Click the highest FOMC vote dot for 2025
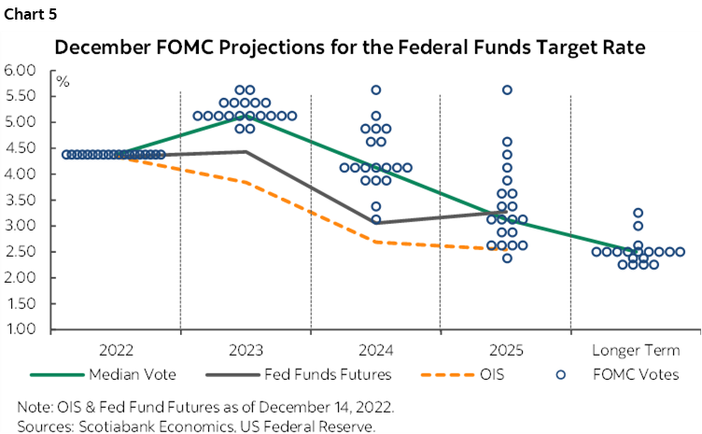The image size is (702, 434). point(507,91)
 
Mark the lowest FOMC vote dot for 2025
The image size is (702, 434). point(507,258)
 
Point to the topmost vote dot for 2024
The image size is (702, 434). point(376,91)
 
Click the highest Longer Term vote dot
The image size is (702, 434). point(638,213)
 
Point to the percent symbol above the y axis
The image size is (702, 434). point(63,81)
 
